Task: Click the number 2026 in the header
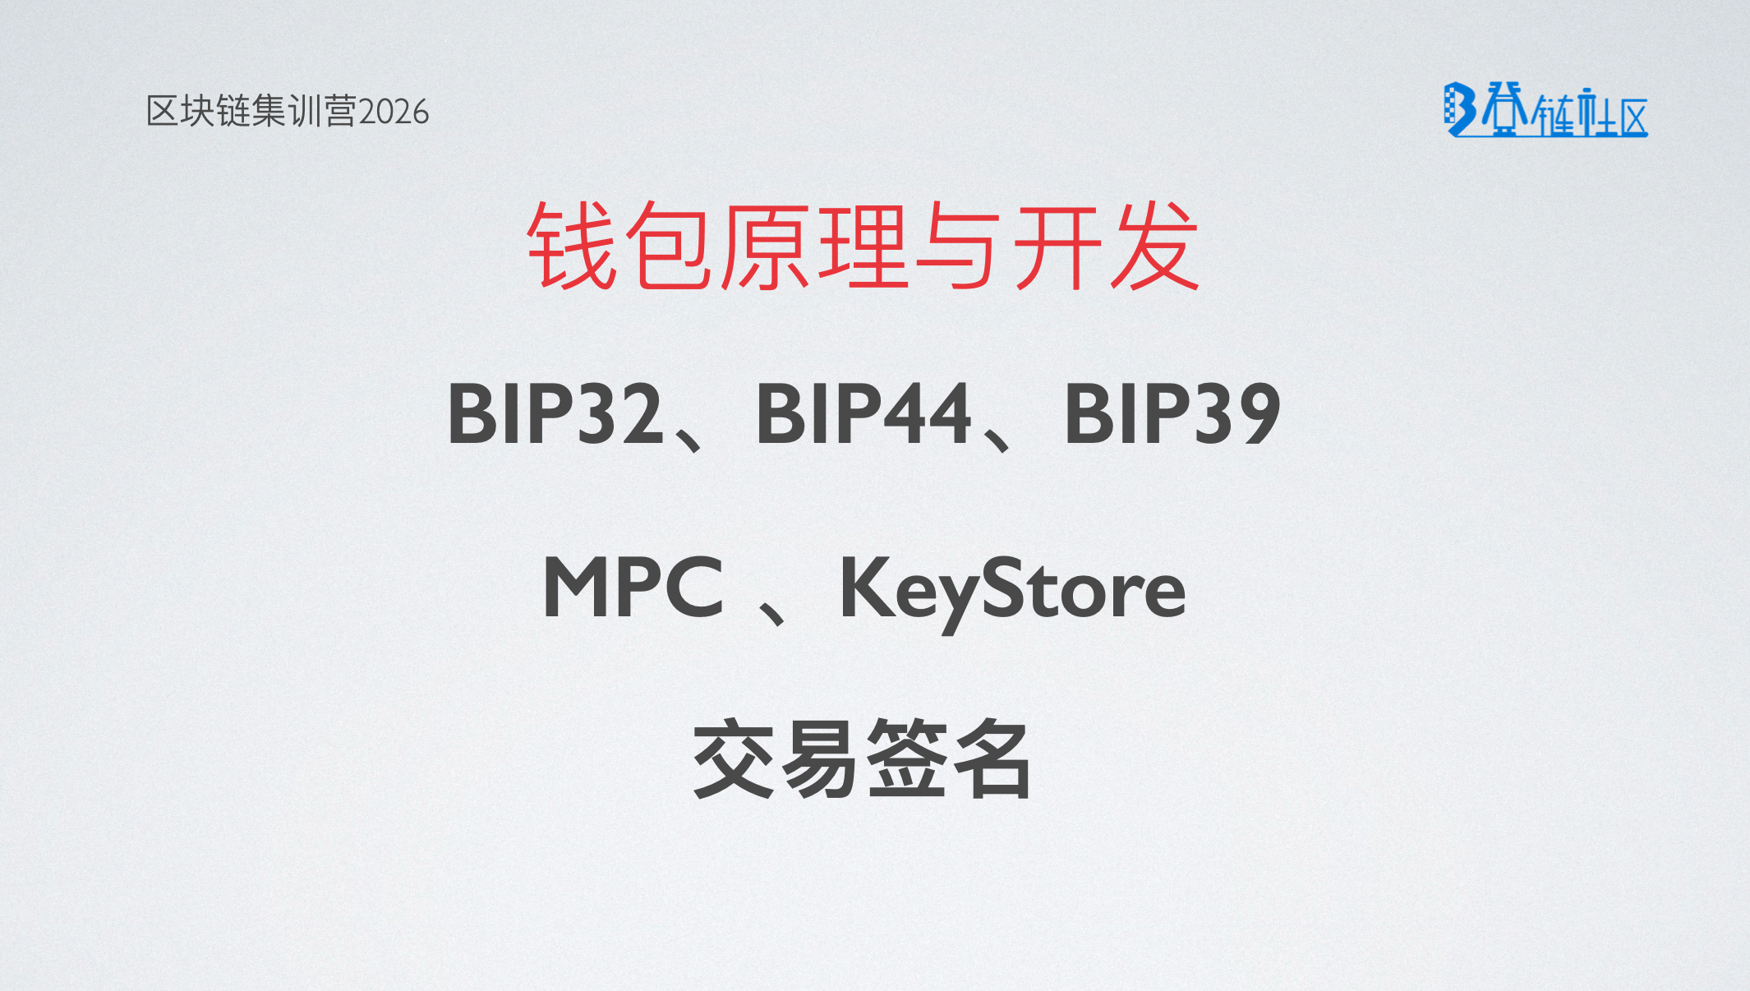(394, 112)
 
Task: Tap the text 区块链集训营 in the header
(252, 111)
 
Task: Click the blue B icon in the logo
(1460, 109)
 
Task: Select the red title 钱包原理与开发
(863, 246)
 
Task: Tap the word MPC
(633, 587)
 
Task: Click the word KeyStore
(1012, 592)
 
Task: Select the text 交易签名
(862, 758)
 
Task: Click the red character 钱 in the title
(572, 246)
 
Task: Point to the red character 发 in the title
(1155, 246)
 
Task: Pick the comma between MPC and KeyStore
(773, 611)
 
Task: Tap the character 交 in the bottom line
(734, 758)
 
